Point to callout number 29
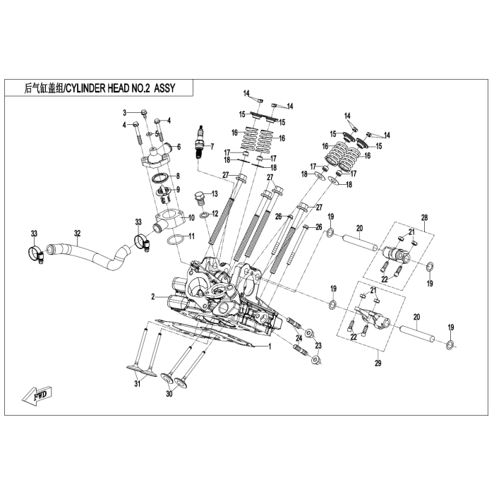378,363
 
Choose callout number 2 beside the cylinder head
152,297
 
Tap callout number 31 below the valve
138,384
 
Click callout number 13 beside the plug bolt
215,193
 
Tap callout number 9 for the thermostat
179,189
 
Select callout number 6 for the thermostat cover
179,147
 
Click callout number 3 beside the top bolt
124,113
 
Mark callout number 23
318,346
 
